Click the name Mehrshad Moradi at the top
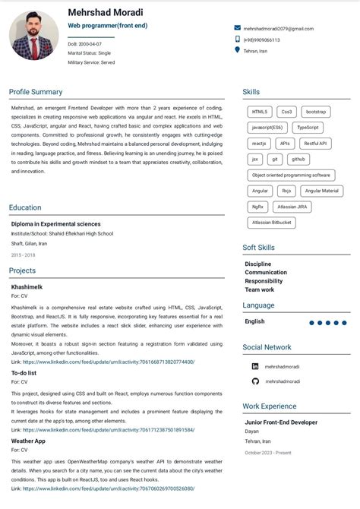(x=105, y=12)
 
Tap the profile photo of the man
(x=34, y=36)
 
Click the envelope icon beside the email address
(x=238, y=28)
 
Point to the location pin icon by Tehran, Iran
(x=238, y=50)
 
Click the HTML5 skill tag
(x=260, y=112)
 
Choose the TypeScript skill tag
(x=308, y=128)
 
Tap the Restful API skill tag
(x=314, y=144)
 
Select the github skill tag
(x=298, y=159)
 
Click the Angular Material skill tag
(x=322, y=191)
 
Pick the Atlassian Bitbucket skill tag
(x=271, y=223)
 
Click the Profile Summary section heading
(x=36, y=92)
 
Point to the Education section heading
(x=25, y=207)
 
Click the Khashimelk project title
(x=27, y=286)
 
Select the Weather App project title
(x=28, y=441)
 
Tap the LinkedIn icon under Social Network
(x=255, y=365)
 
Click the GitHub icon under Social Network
(x=255, y=381)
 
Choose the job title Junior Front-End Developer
(x=281, y=422)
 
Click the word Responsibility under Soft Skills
(x=264, y=280)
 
